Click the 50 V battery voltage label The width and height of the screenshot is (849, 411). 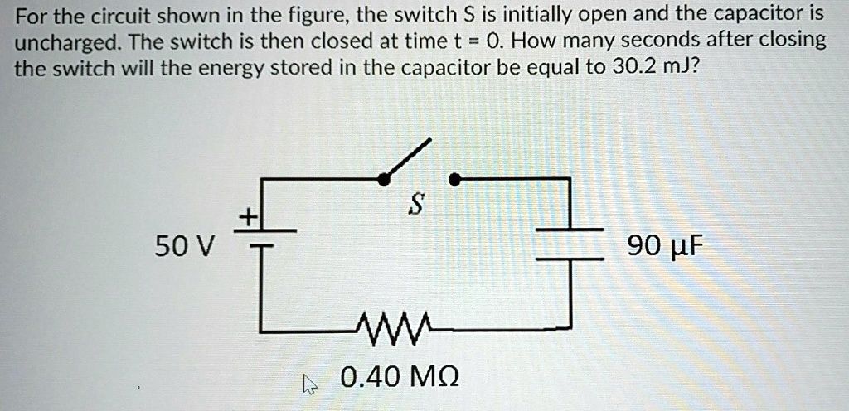point(184,246)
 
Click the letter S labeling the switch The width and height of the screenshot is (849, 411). point(417,204)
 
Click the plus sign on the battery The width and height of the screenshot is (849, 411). point(245,217)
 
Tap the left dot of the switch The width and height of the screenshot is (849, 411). point(383,178)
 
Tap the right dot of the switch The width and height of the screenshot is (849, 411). point(454,178)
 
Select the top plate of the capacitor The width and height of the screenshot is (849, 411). point(569,229)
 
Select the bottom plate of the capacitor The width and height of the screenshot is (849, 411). point(569,259)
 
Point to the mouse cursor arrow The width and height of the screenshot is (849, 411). point(310,382)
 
